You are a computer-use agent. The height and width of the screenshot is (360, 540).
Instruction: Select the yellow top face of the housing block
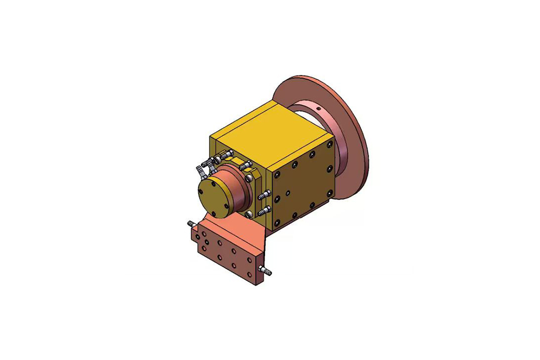259,130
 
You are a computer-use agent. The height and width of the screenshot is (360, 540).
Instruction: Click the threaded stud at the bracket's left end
190,223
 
